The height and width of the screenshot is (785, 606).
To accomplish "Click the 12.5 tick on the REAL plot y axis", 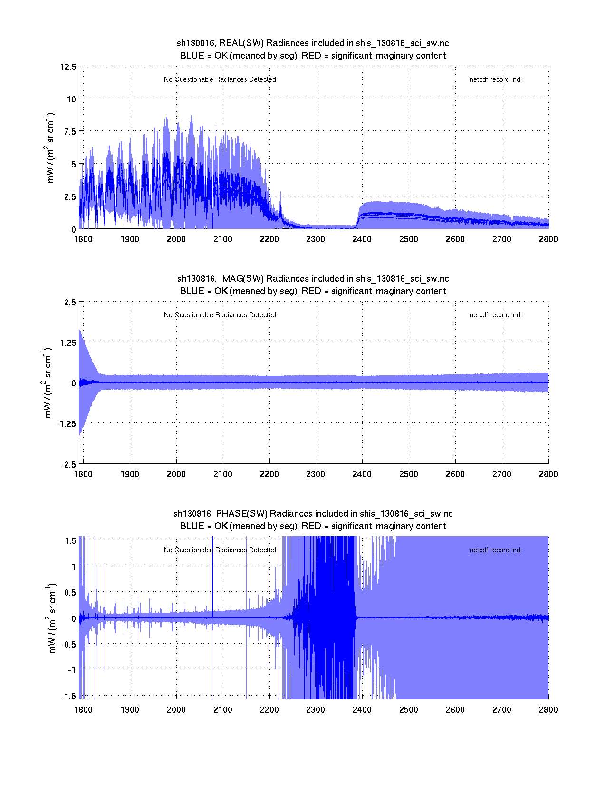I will tap(68, 67).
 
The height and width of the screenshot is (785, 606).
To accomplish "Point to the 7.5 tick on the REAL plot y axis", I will tap(70, 132).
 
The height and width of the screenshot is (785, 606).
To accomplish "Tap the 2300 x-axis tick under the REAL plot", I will tap(316, 239).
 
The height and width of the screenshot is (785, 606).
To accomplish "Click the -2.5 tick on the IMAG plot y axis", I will tap(68, 465).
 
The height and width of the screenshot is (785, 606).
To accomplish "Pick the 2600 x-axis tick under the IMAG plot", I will tap(455, 474).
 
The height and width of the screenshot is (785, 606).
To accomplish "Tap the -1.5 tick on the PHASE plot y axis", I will tap(68, 696).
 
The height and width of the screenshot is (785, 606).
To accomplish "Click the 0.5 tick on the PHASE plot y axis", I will tap(70, 593).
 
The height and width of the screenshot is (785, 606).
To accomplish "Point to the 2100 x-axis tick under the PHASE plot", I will tap(222, 710).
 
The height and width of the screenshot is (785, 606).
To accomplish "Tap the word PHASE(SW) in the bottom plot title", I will tap(242, 514).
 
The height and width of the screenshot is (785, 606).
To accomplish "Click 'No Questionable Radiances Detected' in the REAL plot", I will tap(220, 79).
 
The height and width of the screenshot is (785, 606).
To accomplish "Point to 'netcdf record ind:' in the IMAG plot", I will tap(495, 315).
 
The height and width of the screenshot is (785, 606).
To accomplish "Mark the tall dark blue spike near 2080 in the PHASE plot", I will tap(212, 571).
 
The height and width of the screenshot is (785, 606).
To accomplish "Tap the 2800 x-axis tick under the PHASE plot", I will tap(548, 710).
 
